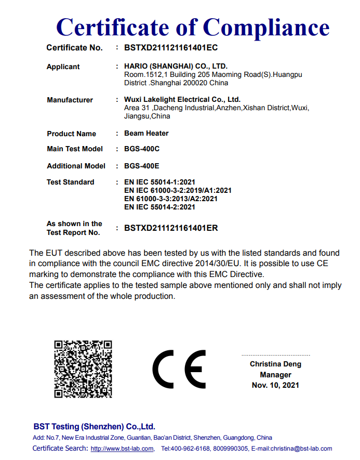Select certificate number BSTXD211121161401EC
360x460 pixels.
[170, 48]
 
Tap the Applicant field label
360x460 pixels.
[63, 67]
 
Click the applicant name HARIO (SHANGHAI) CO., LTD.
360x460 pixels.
[176, 67]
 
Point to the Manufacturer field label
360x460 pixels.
[70, 100]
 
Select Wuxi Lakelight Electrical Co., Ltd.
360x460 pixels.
[182, 99]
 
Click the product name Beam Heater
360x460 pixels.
[146, 133]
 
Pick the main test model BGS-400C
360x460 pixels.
[142, 149]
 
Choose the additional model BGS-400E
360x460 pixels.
[142, 166]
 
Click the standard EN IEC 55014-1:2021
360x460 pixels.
[160, 182]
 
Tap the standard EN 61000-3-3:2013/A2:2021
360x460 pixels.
[171, 199]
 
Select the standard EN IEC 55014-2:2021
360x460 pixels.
[160, 207]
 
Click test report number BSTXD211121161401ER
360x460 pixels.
[171, 228]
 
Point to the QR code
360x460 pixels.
[83, 369]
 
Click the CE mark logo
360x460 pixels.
[179, 369]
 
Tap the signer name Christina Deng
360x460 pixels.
[275, 364]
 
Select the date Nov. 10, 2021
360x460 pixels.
[275, 385]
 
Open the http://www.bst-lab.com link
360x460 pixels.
[122, 449]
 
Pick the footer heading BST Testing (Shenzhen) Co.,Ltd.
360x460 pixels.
[94, 426]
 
